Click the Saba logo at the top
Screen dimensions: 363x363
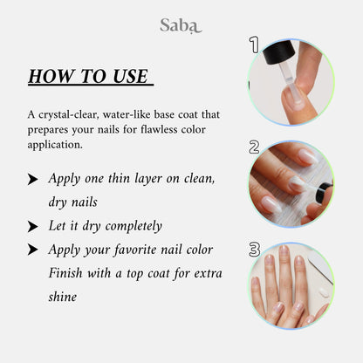click(x=181, y=25)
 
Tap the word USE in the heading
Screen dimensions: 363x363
click(x=127, y=76)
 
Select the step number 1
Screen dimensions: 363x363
click(x=254, y=45)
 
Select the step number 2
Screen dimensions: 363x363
click(x=254, y=147)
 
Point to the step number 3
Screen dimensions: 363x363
click(x=254, y=250)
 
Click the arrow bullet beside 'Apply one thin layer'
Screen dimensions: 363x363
click(x=32, y=179)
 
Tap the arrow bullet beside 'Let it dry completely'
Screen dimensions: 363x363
click(x=32, y=226)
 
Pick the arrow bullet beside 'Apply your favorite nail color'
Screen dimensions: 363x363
click(x=32, y=250)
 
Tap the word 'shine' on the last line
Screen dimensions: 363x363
click(x=63, y=297)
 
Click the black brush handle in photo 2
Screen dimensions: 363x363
click(x=322, y=193)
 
